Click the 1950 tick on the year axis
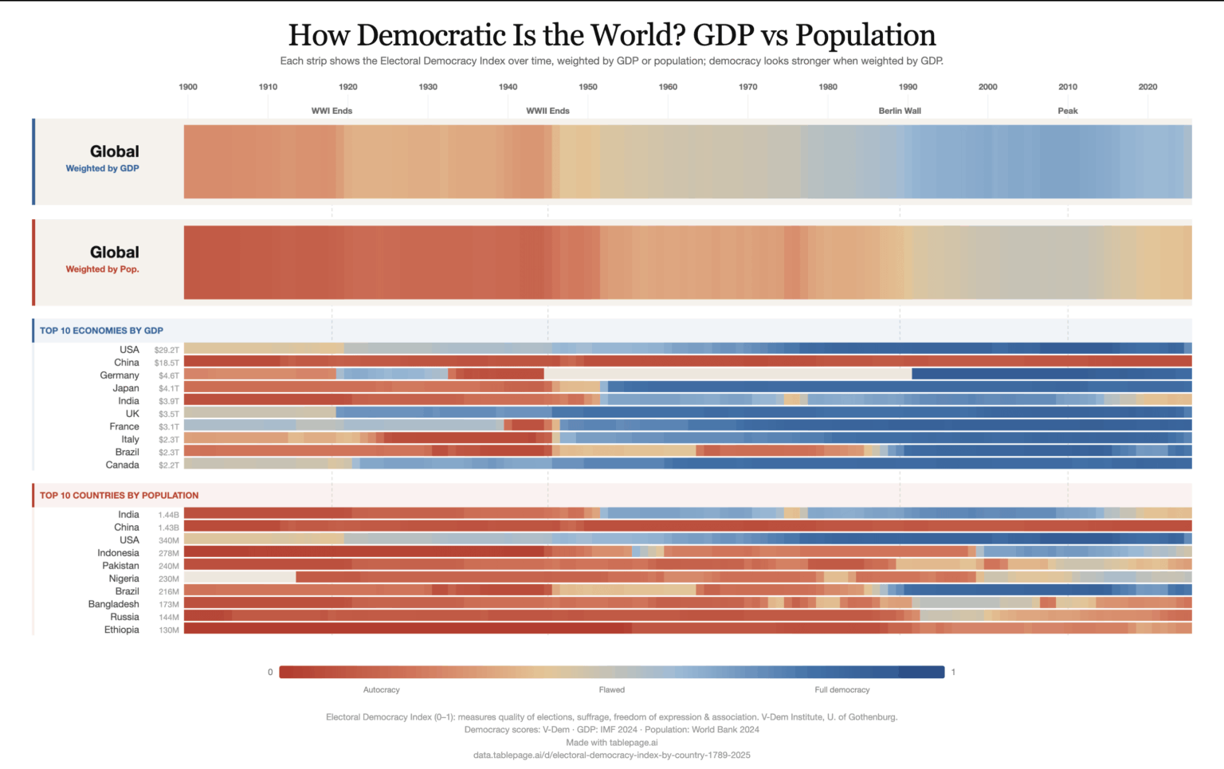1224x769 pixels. pos(588,87)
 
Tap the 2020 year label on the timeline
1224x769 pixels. pos(1147,87)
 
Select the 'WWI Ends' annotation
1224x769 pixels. pos(331,111)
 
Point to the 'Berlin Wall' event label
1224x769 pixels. pos(900,111)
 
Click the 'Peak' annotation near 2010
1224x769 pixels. pos(1068,111)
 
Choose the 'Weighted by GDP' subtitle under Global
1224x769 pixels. pos(102,168)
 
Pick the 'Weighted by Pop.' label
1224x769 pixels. pos(102,269)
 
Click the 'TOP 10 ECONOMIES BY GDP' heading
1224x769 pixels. pos(101,331)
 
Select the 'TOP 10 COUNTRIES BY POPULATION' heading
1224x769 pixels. pos(119,496)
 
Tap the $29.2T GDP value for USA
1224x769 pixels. pos(167,350)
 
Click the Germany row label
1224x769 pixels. pos(120,375)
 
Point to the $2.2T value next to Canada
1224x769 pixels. pos(168,465)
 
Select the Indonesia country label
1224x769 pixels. pos(118,553)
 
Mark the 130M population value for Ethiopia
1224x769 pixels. pos(168,630)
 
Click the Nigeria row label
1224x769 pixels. pos(124,579)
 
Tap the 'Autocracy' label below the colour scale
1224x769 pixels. pos(381,690)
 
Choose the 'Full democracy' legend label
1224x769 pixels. pos(841,690)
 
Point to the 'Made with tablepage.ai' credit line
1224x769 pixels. pos(611,743)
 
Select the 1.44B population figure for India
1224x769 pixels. pos(168,515)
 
